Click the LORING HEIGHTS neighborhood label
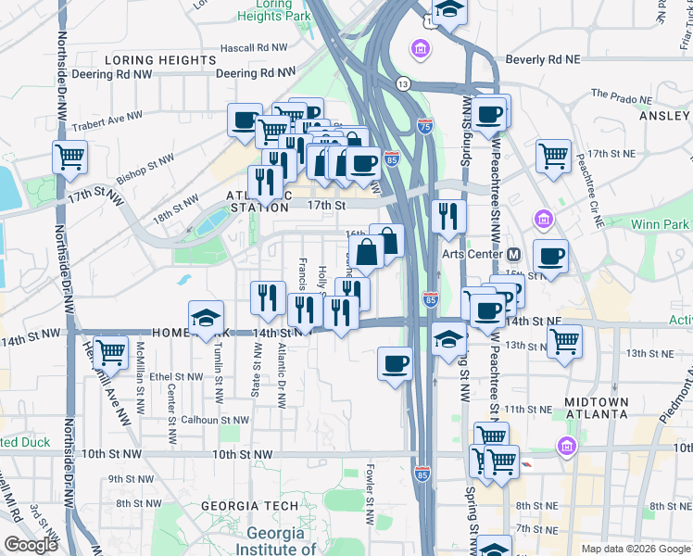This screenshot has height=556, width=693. coord(160,60)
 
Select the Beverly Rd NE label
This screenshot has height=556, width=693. coord(542,59)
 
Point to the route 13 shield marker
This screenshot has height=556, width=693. coord(403,84)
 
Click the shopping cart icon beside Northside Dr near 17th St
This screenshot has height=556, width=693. coord(69,157)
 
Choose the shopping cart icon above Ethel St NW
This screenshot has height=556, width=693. coord(110,352)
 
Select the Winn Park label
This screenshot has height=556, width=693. coord(660,224)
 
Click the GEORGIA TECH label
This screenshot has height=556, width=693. coord(251,506)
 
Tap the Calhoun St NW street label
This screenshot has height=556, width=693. coord(214,420)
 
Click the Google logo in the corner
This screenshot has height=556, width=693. coord(31,545)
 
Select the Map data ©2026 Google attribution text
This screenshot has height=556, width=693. coord(636,548)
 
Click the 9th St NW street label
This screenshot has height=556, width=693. coord(129,479)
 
